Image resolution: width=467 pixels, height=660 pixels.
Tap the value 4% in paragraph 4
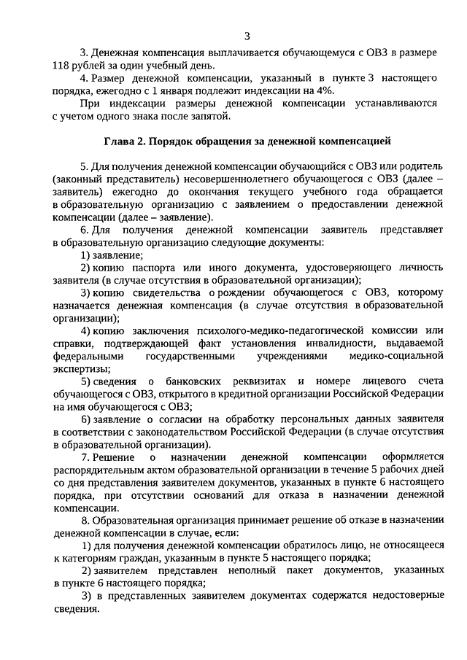(324, 90)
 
